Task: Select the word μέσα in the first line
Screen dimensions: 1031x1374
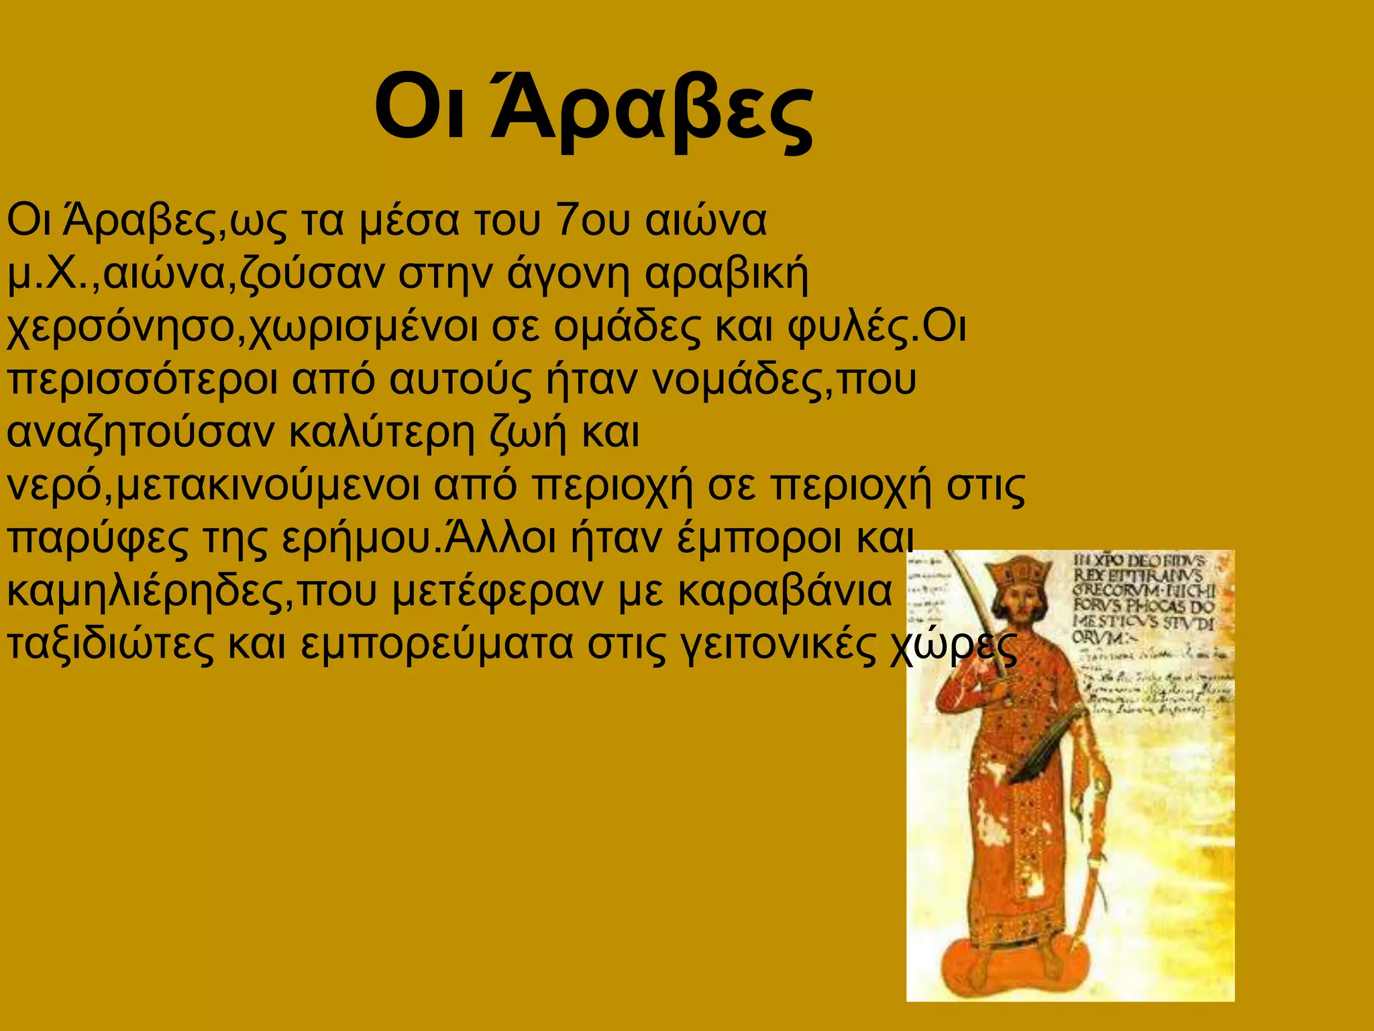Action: tap(409, 222)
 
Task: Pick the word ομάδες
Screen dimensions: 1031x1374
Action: tap(628, 328)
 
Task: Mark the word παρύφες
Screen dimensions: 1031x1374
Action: tap(98, 539)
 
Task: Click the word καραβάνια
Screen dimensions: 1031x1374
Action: tap(784, 591)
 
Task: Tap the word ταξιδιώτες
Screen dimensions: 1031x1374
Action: tap(111, 644)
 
